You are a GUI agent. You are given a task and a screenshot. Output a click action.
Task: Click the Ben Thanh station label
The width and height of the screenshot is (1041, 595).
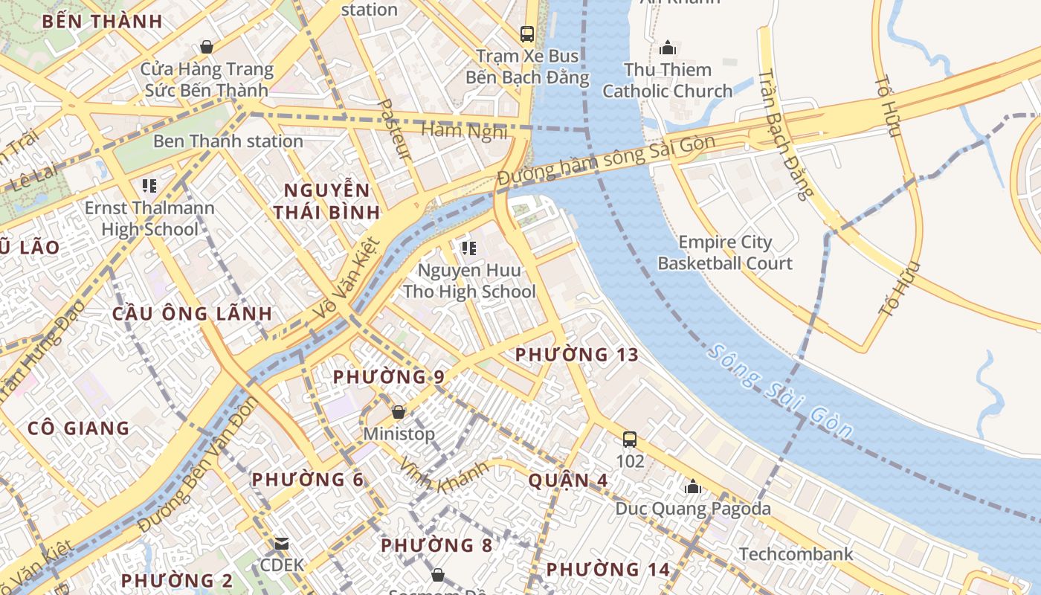pos(228,141)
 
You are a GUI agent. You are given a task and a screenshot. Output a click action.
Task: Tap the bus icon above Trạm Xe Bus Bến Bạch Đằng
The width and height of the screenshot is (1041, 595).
pos(527,33)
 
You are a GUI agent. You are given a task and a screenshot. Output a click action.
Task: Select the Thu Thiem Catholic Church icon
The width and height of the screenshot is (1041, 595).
pos(667,48)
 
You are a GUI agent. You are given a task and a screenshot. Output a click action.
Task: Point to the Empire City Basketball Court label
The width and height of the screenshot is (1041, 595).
pos(725,253)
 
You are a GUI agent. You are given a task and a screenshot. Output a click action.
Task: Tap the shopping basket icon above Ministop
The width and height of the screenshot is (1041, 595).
pos(399,412)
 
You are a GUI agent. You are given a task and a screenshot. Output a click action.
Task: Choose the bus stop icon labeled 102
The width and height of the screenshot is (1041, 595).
pos(630,440)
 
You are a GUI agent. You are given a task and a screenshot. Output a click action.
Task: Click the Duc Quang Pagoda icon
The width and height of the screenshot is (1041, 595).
pos(693,487)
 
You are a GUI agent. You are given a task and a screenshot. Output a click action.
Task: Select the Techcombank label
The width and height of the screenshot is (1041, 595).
pos(796,554)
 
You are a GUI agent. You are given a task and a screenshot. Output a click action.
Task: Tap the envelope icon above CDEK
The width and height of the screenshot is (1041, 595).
pos(282,544)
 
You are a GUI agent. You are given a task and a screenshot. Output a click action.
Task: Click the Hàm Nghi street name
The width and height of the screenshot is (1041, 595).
pos(464,131)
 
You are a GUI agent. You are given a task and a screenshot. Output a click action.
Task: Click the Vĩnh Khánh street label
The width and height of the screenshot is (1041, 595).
pos(444,476)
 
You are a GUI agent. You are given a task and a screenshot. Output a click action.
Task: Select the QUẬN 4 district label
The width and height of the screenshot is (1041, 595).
pos(568,481)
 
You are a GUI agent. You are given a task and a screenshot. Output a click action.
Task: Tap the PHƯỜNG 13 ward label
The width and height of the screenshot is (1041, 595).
pos(577,355)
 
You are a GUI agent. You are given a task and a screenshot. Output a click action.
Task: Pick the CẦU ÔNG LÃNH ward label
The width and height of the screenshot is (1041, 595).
pos(192,314)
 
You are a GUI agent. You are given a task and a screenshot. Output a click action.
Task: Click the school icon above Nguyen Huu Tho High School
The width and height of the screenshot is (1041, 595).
pos(468,248)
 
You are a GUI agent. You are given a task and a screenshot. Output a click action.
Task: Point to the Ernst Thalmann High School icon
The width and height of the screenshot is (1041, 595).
pos(149,186)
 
